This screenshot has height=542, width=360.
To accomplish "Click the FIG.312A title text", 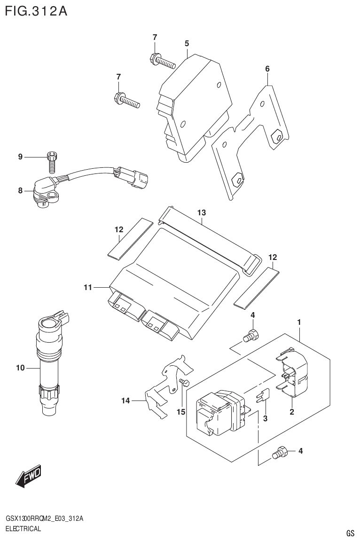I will tap(36, 11).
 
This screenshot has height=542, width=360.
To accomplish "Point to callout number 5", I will tap(187, 43).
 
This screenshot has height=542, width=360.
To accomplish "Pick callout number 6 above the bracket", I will tap(267, 69).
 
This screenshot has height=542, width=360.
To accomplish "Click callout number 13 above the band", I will tap(202, 213).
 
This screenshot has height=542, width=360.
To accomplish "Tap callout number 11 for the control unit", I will tap(87, 287).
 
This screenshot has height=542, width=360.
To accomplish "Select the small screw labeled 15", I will tap(183, 383).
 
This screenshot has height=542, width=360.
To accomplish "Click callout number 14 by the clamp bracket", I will tap(125, 401).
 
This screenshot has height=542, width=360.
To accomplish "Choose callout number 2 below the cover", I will tap(291, 412).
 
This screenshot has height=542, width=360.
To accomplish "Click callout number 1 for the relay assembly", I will tap(299, 322).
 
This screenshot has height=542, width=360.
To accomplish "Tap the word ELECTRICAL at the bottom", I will tap(23, 528).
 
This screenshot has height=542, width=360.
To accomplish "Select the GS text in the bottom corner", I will tap(350, 533).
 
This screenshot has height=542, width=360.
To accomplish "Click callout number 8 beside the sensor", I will tap(20, 190).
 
